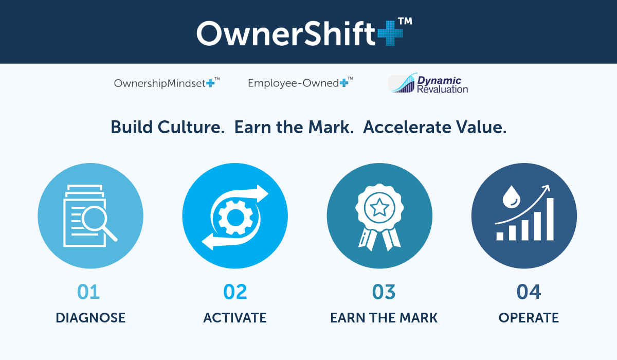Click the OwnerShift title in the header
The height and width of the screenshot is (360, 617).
click(x=286, y=33)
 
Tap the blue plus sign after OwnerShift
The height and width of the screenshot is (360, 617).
click(x=390, y=33)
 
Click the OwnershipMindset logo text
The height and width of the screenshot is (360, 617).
click(x=160, y=83)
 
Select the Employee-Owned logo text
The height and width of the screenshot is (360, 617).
click(x=293, y=83)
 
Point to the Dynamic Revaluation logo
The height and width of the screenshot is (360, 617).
click(x=428, y=84)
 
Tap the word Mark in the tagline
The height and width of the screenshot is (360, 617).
click(x=331, y=127)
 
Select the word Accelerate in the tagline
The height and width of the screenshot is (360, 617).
click(x=407, y=127)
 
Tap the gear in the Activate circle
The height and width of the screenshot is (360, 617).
click(x=235, y=218)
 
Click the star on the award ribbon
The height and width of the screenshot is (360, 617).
click(x=379, y=208)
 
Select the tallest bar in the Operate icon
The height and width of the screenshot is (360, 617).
click(x=550, y=219)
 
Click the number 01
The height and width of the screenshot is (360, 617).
click(x=88, y=292)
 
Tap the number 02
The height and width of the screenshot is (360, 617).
click(x=235, y=292)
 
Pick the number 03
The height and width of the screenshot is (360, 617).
click(x=384, y=292)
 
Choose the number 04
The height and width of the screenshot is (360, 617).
click(x=529, y=292)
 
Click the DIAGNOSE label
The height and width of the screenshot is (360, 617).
click(x=90, y=318)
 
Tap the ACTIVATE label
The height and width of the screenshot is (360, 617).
click(x=235, y=318)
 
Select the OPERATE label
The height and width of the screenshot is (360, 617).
click(x=529, y=318)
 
